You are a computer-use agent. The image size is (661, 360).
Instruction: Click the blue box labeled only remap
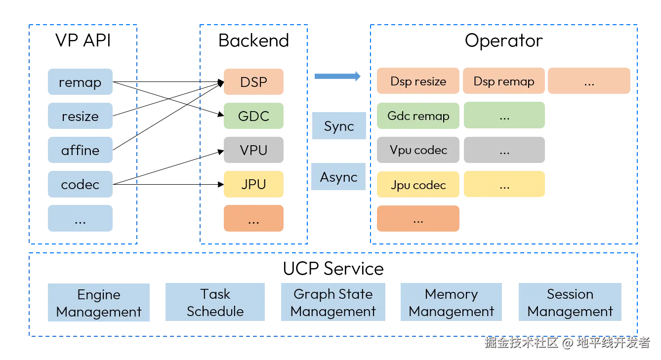[81, 82]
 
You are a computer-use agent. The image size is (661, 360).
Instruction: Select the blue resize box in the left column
[81, 117]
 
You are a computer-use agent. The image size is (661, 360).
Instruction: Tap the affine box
[81, 150]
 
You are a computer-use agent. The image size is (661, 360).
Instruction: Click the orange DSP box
[253, 81]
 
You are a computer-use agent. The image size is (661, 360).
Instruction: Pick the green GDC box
[253, 116]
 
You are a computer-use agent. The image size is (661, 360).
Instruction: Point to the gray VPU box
[253, 150]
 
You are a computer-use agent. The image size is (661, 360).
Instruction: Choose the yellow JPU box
[253, 184]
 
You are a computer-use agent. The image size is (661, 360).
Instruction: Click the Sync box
[339, 126]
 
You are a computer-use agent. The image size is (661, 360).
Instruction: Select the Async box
[338, 177]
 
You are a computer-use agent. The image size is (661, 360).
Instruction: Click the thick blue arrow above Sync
[337, 76]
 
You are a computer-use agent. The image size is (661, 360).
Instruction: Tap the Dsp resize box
[418, 81]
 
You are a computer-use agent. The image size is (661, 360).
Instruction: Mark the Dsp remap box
[504, 81]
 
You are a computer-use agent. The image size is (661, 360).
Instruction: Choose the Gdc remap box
[418, 116]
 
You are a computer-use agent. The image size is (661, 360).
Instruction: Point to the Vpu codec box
[418, 150]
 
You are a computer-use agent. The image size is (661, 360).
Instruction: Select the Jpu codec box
[418, 185]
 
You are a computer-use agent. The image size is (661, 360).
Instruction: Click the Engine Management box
[99, 303]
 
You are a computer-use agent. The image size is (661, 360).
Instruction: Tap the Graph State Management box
[333, 302]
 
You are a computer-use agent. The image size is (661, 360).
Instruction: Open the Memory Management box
[451, 302]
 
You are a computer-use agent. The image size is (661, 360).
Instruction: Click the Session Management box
[570, 302]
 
